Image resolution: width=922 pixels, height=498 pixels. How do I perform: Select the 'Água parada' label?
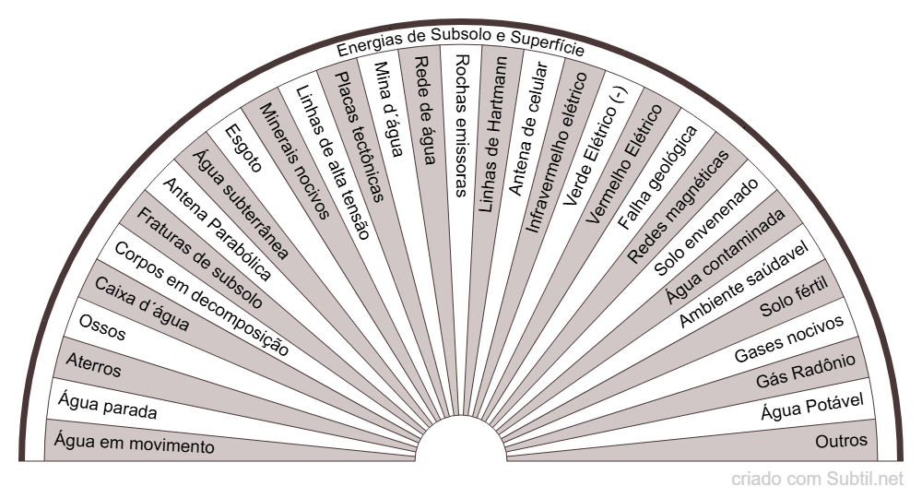tap(107, 406)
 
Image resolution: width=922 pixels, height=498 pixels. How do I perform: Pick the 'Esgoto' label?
tap(244, 148)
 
